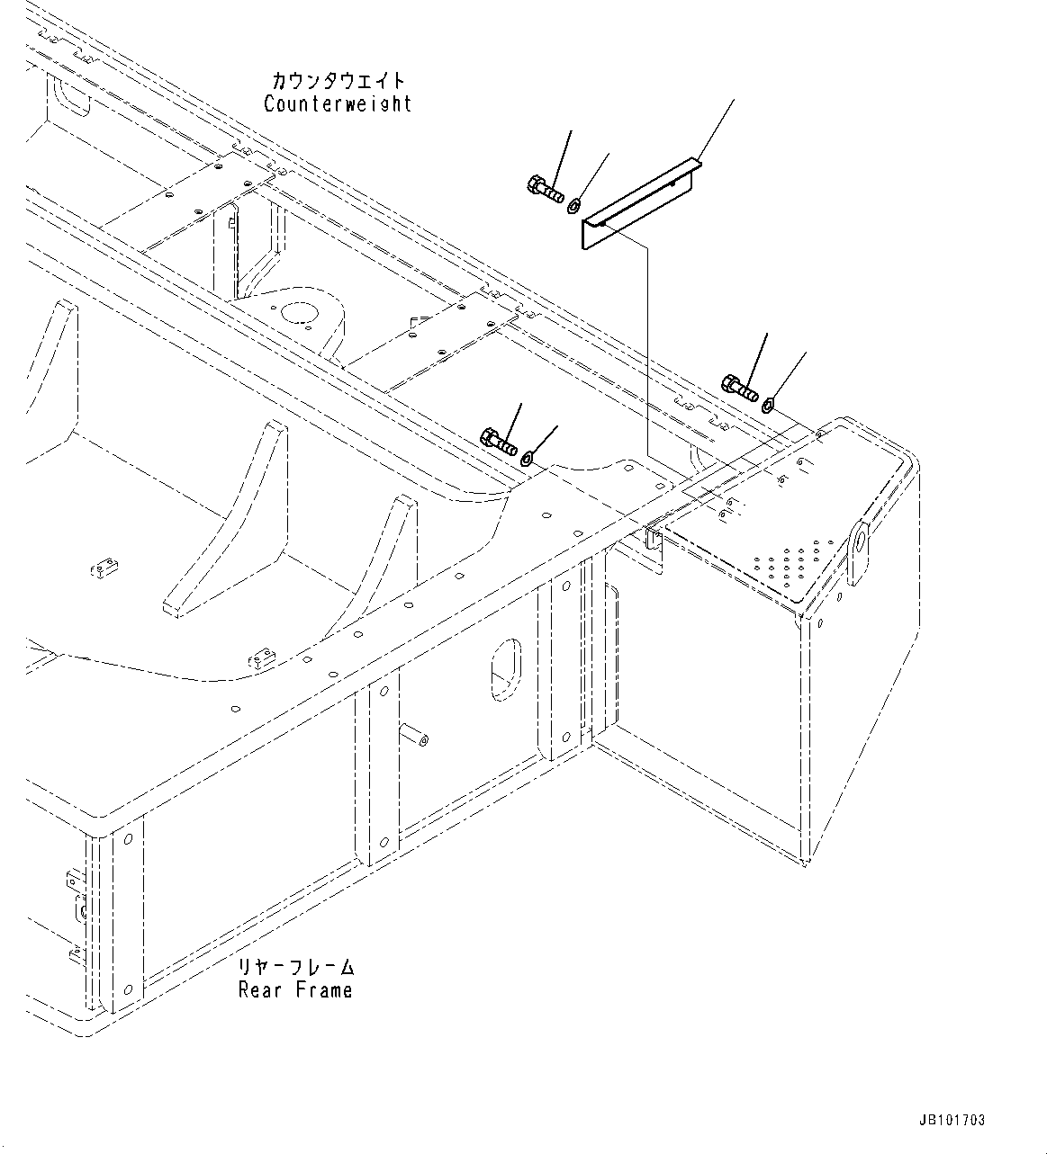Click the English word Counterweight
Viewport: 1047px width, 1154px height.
[338, 104]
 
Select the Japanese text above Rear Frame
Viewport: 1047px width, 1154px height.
[296, 968]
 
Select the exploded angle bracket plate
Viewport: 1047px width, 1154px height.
[639, 203]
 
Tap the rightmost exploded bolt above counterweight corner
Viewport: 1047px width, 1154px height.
[739, 387]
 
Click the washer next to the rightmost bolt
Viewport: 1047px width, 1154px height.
[768, 407]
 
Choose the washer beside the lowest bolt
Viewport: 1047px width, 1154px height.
[528, 460]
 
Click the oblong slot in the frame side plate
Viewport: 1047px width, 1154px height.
[504, 668]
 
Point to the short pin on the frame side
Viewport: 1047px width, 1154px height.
[417, 737]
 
